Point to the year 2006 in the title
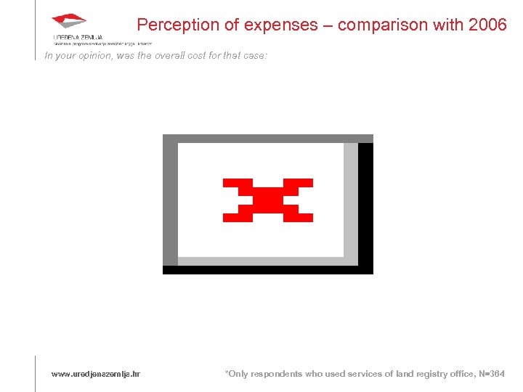tap(488, 25)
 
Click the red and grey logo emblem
tap(69, 22)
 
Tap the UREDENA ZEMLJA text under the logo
tap(78, 37)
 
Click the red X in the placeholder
tap(267, 200)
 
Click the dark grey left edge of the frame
tap(170, 203)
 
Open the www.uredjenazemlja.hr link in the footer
tap(95, 374)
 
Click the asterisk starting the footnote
tap(227, 372)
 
